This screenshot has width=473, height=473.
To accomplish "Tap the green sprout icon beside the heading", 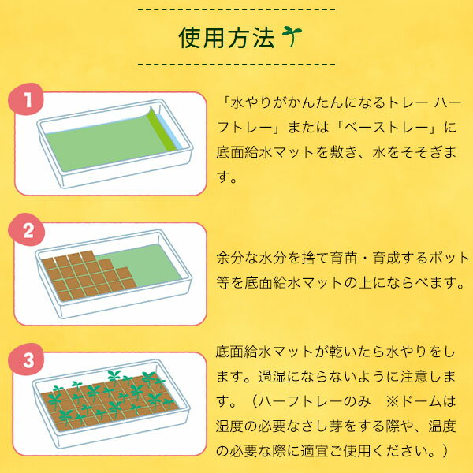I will [293, 36].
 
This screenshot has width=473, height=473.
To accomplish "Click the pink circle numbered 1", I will [28, 101].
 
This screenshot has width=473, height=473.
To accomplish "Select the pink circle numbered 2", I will [28, 232].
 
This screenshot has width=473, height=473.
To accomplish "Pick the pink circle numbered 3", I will [28, 362].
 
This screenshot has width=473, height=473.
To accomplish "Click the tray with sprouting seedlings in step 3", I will [110, 398].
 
